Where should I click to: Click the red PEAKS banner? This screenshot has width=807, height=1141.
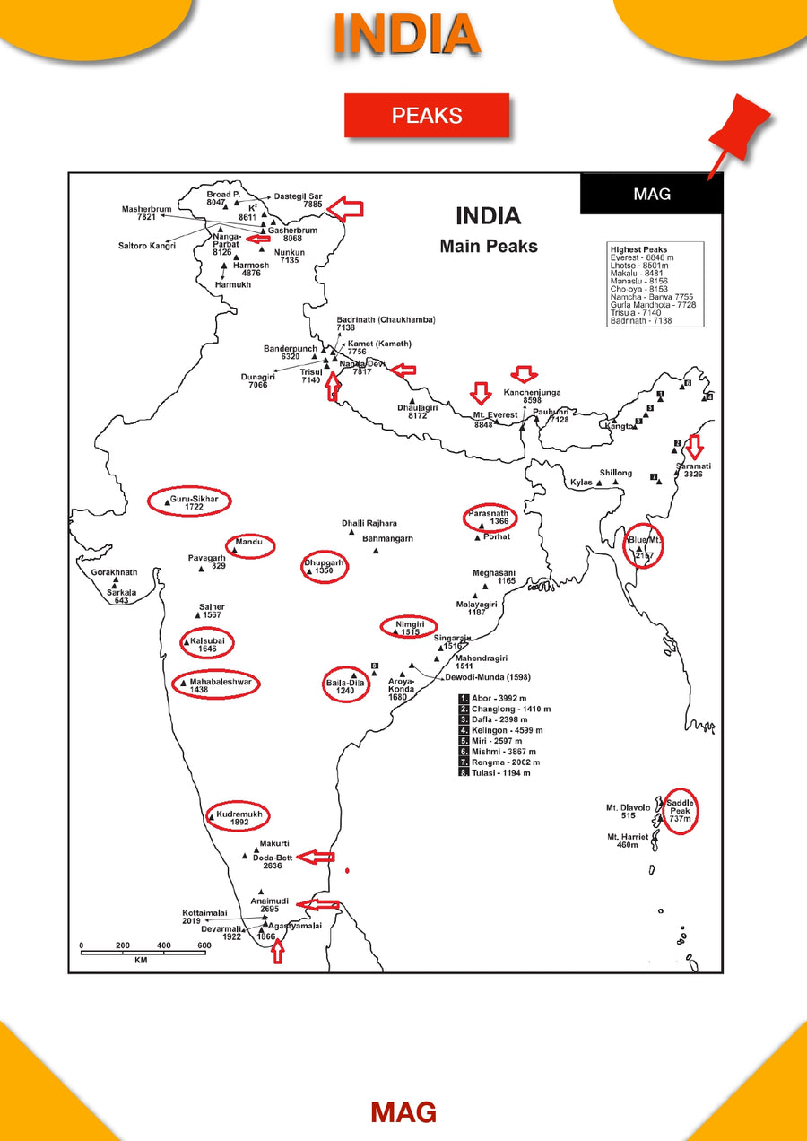(x=427, y=116)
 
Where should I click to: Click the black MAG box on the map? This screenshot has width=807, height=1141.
(x=651, y=194)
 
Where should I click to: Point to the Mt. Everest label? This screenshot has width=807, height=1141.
(x=496, y=415)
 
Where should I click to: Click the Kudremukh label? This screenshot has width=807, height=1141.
(x=239, y=814)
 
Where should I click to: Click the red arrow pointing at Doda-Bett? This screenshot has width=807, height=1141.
(x=316, y=858)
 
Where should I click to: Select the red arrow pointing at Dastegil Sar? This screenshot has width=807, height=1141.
(x=344, y=209)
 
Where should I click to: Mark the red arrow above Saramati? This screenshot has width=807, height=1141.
(x=693, y=445)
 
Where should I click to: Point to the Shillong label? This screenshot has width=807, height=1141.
(x=616, y=473)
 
